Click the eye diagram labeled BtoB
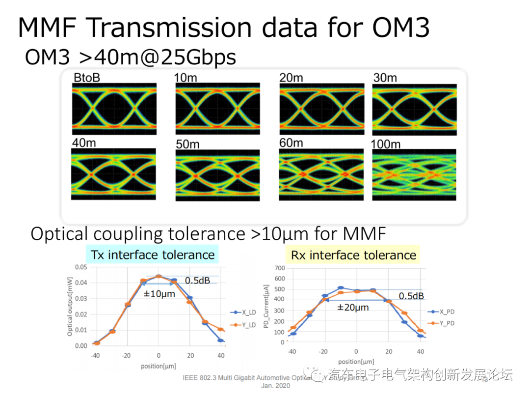pyautogui.click(x=114, y=109)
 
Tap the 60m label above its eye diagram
pyautogui.click(x=291, y=143)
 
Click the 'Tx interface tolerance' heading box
pyautogui.click(x=153, y=255)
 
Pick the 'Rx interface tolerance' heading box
pyautogui.click(x=353, y=255)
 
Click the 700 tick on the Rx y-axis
pyautogui.click(x=279, y=268)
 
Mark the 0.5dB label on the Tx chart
pyautogui.click(x=197, y=280)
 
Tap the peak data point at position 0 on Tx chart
pyautogui.click(x=159, y=276)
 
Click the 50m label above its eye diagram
pyautogui.click(x=187, y=144)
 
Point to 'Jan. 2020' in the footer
pyautogui.click(x=276, y=386)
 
